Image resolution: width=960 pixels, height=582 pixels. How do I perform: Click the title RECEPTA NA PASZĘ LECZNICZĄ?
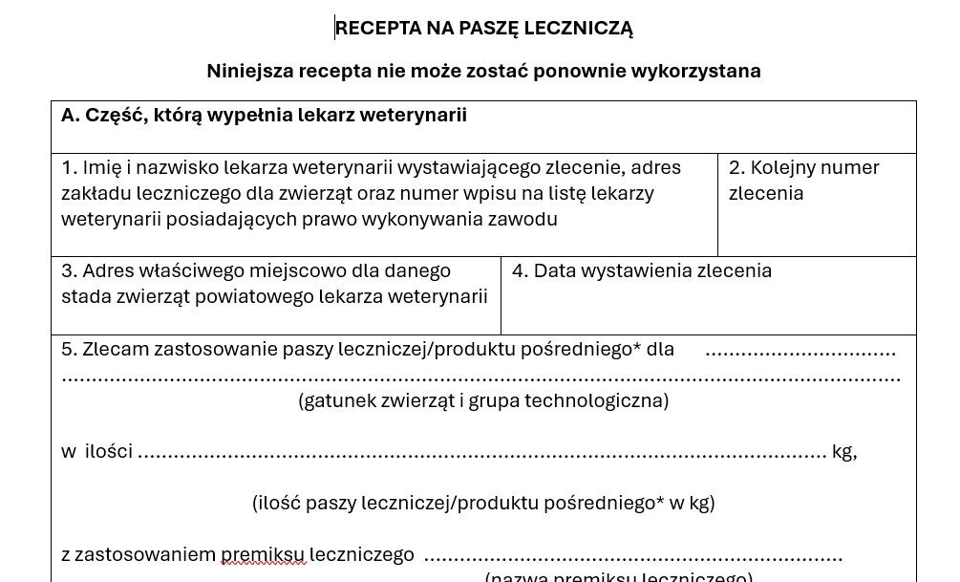[x=484, y=29]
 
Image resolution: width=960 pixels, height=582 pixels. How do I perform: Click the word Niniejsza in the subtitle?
[x=249, y=72]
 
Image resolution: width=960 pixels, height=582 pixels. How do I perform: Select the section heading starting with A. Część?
[x=264, y=116]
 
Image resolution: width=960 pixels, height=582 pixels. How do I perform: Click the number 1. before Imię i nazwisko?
[x=69, y=168]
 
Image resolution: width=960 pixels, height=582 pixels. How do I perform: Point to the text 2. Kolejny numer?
[x=803, y=168]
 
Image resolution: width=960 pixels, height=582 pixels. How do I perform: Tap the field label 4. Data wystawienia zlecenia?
[x=641, y=271]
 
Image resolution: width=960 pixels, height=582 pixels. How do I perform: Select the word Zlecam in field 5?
[x=117, y=350]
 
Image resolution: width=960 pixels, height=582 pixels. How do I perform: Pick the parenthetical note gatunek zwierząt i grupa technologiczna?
[x=483, y=401]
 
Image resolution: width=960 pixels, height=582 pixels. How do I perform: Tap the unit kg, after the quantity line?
[x=843, y=452]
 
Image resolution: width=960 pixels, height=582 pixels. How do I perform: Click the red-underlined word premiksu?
[x=264, y=555]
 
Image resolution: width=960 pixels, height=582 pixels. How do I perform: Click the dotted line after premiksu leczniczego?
[x=632, y=557]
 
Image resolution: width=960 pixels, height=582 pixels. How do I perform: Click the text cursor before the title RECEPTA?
[x=335, y=28]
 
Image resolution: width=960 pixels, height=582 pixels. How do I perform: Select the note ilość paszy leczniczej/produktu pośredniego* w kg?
[x=483, y=504]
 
